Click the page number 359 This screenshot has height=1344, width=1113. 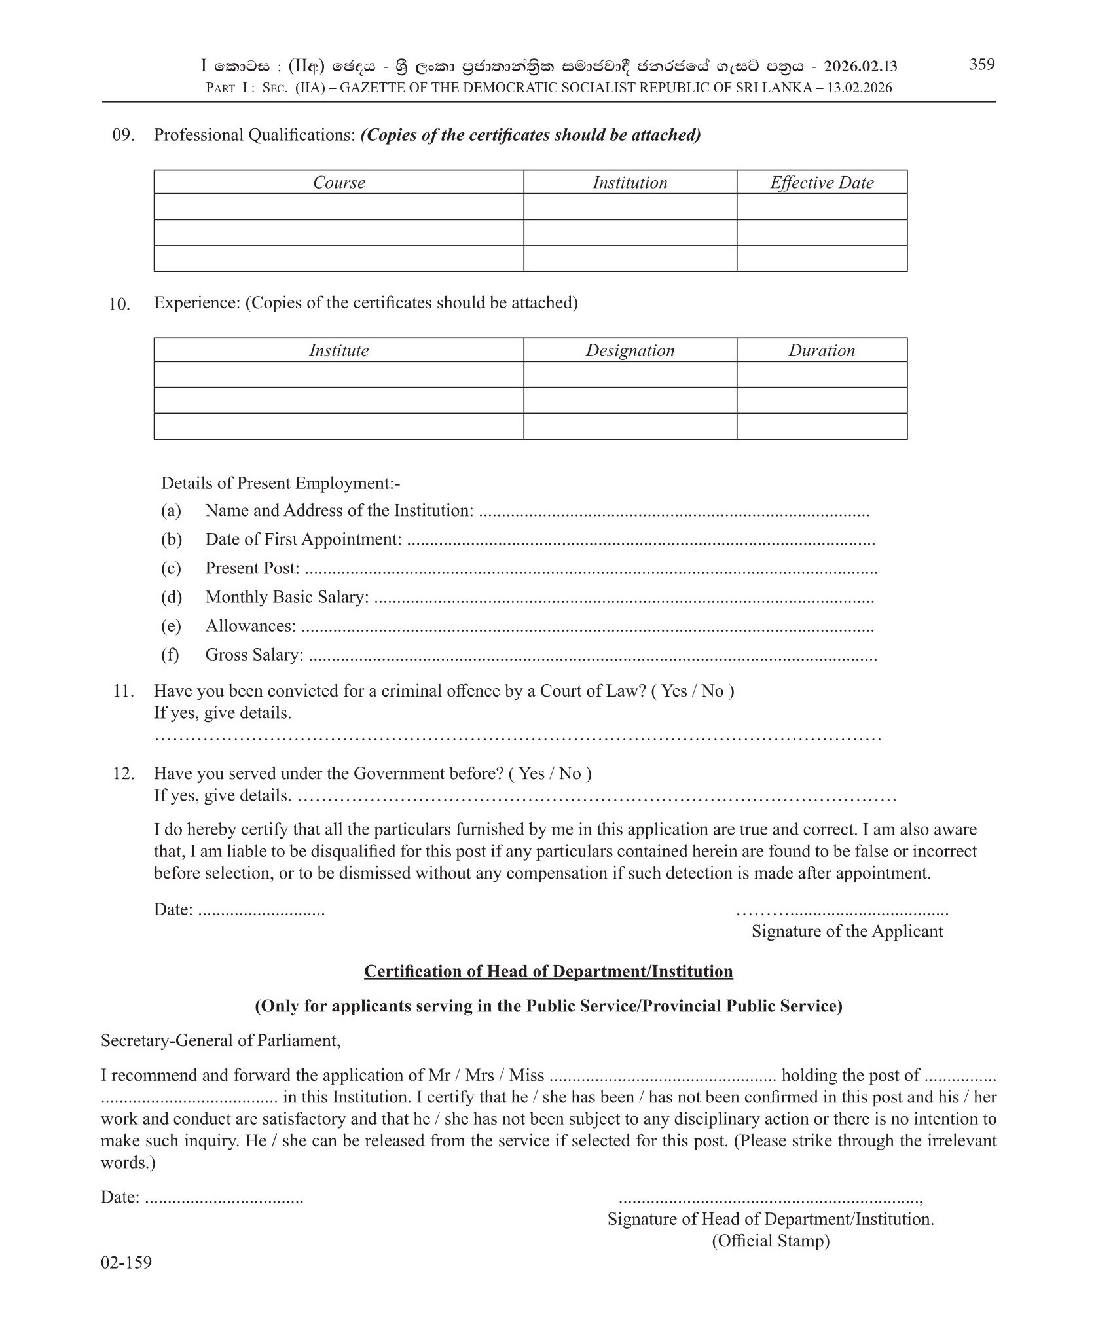[981, 64]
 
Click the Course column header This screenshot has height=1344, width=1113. [338, 183]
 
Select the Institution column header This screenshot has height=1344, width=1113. [630, 183]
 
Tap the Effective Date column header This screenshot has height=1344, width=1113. [822, 183]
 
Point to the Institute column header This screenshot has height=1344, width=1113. [338, 351]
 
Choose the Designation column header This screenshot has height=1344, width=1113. [630, 351]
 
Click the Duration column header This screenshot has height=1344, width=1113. [822, 351]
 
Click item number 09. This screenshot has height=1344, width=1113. [124, 136]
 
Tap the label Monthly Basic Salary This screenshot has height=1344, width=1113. [287, 597]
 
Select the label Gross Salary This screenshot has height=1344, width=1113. [254, 655]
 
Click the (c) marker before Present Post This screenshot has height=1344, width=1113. [171, 568]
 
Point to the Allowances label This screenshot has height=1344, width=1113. [250, 626]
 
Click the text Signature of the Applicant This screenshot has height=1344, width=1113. [847, 932]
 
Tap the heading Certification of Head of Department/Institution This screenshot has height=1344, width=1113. [548, 972]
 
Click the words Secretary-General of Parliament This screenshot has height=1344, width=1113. [221, 1041]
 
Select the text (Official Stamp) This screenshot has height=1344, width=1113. [771, 1241]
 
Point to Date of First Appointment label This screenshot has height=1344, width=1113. [303, 539]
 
